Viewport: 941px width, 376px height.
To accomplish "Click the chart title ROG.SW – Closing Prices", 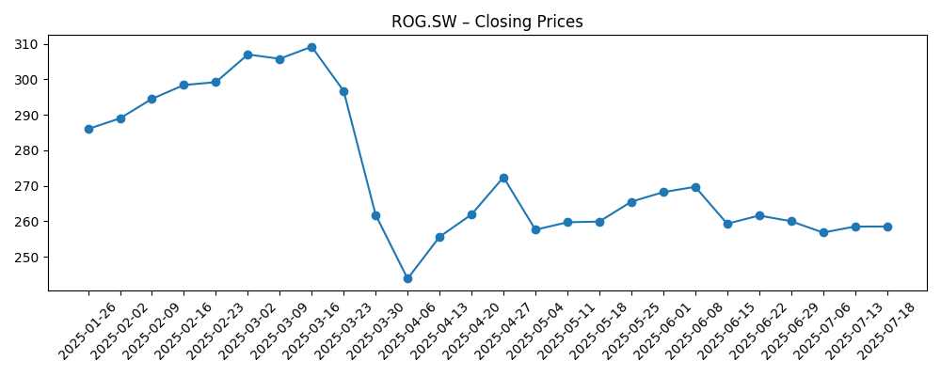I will (486, 22).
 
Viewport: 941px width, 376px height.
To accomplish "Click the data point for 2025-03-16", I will (311, 47).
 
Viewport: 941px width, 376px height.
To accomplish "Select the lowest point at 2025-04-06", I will (407, 278).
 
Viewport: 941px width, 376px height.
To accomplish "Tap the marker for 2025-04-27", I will (503, 178).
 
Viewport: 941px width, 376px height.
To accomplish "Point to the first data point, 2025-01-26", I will (88, 129).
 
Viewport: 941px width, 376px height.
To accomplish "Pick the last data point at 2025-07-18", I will (887, 227).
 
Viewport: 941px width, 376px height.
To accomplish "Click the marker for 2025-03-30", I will (375, 215).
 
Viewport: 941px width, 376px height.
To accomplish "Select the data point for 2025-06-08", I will (695, 187).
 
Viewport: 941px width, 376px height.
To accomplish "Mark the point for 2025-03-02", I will (247, 55).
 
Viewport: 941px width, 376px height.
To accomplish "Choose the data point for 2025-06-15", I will (727, 224).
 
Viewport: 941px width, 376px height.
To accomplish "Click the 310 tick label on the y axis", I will (26, 44).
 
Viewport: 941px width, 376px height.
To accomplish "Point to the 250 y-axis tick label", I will (26, 258).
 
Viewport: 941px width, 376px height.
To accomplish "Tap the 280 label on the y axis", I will (26, 150).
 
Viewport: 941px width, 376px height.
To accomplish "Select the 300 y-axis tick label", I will (26, 80).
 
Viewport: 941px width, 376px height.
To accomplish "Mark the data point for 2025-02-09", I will (152, 99).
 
